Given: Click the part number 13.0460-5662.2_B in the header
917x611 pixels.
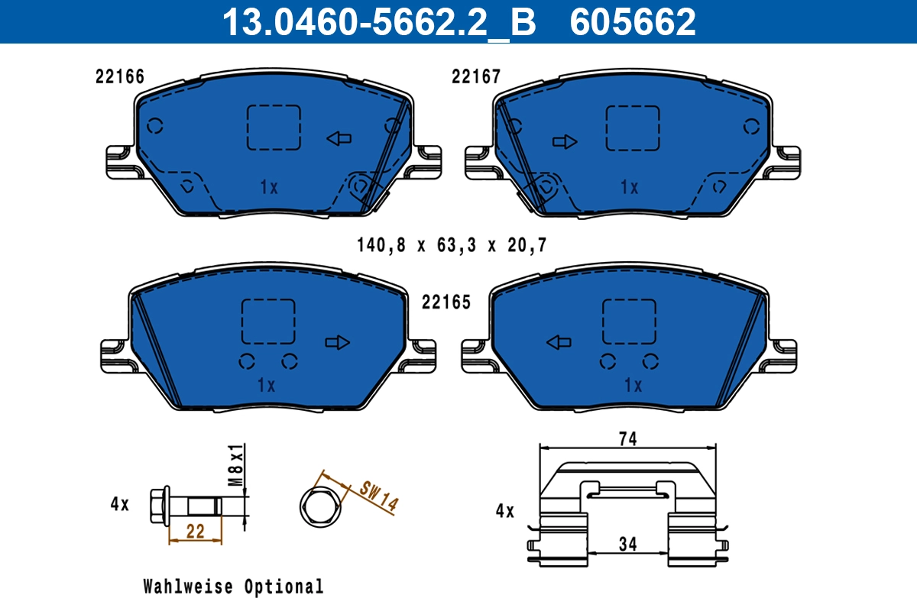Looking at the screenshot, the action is [x=379, y=22].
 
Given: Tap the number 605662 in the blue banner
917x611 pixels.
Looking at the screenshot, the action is [x=633, y=22].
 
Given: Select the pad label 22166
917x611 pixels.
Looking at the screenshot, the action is [x=120, y=76].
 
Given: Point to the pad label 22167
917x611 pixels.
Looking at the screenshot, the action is [x=476, y=76].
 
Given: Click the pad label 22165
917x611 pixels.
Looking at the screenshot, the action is [x=446, y=302].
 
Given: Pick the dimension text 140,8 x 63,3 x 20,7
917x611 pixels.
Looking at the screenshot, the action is [x=452, y=245].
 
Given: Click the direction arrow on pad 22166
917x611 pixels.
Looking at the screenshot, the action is [x=339, y=139].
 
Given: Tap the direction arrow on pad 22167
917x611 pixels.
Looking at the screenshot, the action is [x=565, y=142].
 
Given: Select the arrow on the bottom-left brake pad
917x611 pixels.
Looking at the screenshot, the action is [x=338, y=342].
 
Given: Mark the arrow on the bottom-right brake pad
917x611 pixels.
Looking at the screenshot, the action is [x=559, y=342].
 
